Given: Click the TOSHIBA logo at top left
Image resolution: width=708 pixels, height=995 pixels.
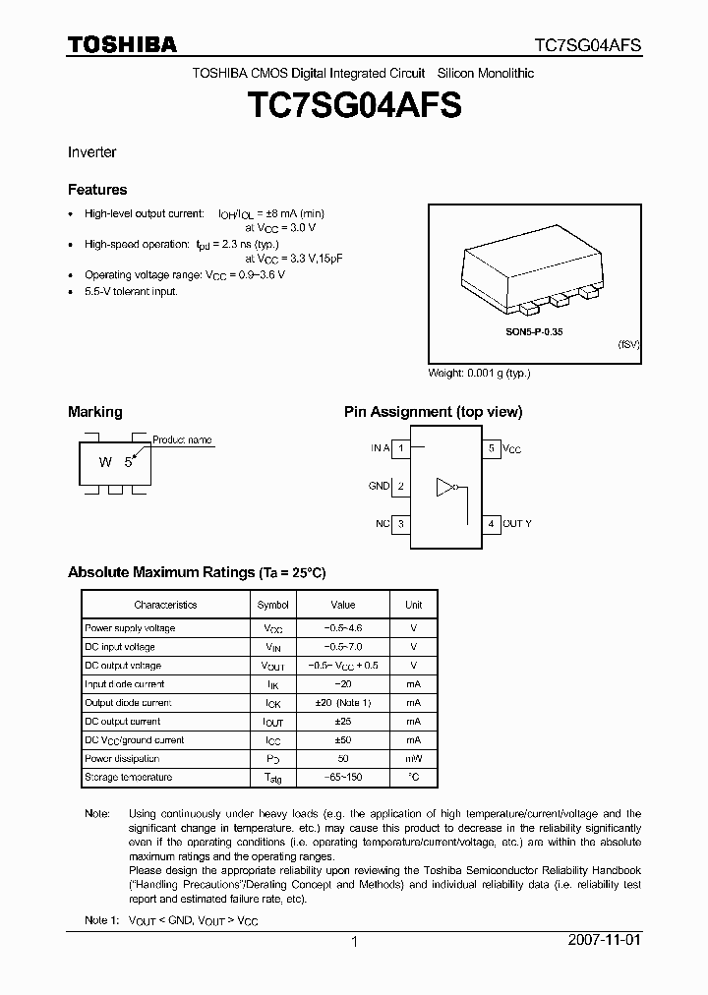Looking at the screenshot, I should click(122, 43).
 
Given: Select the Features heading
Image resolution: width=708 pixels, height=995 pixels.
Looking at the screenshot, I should click(97, 190).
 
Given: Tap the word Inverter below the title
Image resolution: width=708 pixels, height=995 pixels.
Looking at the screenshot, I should click(91, 152).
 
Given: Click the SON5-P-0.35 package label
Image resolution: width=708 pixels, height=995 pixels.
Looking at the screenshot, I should click(534, 332).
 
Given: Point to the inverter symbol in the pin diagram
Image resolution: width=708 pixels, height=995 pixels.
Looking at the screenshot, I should click(448, 486).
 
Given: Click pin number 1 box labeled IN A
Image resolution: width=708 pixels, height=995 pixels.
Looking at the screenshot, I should click(401, 448).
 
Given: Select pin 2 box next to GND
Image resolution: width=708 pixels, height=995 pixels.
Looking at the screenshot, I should click(401, 486).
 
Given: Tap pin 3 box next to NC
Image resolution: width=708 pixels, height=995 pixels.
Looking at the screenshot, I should click(401, 524).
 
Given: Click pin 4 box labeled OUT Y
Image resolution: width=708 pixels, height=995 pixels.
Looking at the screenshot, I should click(491, 524).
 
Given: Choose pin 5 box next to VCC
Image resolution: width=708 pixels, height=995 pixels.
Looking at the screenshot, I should click(491, 448).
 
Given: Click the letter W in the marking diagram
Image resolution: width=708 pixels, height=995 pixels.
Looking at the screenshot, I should click(104, 462).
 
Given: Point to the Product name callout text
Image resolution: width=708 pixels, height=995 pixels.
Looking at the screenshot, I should click(182, 439).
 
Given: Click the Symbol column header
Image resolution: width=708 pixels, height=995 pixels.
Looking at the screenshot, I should click(272, 605).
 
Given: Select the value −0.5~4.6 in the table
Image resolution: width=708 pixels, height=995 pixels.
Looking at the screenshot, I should click(342, 628).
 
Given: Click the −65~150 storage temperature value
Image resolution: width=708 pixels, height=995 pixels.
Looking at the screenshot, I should click(342, 777).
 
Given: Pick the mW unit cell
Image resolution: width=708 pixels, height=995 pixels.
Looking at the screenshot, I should click(413, 758).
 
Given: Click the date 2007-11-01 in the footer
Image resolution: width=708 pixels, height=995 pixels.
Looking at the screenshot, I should click(604, 940).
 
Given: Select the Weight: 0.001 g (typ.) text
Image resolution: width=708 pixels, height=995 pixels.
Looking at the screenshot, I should click(479, 374).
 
